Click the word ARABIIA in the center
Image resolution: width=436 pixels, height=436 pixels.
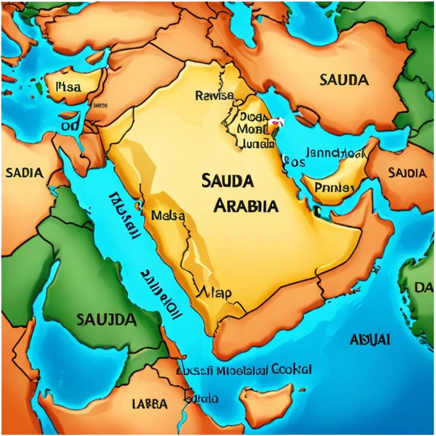246,206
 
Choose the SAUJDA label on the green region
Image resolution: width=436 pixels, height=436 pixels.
106,319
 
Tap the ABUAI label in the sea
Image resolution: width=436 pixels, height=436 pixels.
370,339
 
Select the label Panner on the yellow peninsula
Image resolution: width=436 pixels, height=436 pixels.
334,188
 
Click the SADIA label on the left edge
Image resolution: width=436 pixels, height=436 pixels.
24,173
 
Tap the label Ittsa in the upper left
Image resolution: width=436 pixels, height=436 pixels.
68,86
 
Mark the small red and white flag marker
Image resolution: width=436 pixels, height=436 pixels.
275,123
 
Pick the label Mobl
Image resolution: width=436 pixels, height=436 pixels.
252,129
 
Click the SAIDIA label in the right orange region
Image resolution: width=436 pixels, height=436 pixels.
407,173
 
